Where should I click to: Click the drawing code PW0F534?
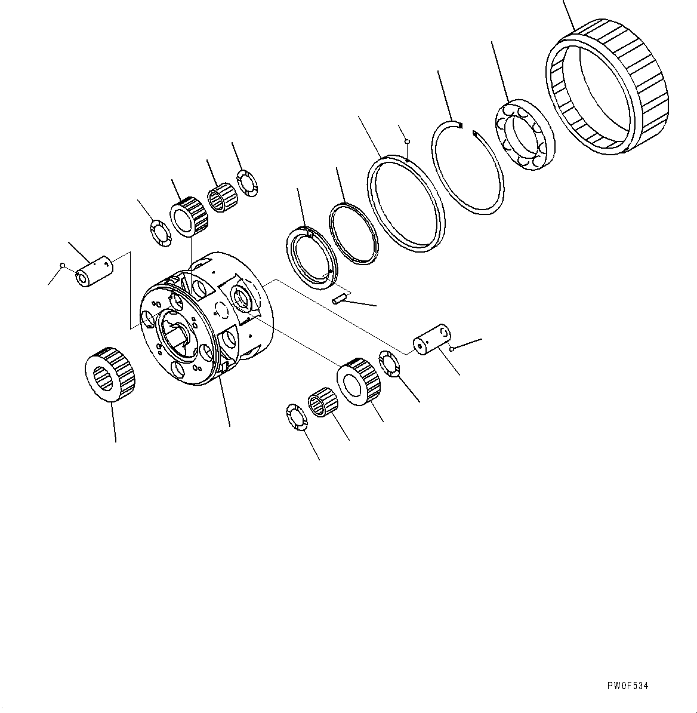coord(628,686)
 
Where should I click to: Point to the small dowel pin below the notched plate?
coord(340,298)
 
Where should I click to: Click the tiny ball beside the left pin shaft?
coord(62,265)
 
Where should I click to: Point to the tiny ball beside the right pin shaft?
coord(454,348)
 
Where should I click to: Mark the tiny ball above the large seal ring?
coord(406,142)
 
